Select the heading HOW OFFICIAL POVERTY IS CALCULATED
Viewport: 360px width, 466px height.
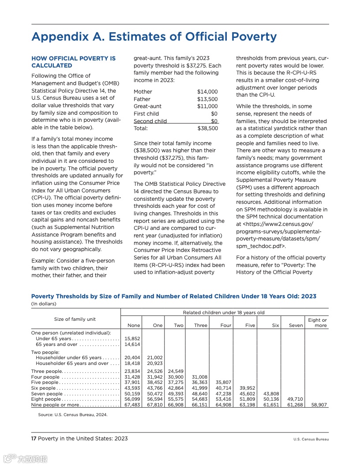pyautogui.click(x=73, y=62)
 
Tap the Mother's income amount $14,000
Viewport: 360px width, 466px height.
pyautogui.click(x=207, y=92)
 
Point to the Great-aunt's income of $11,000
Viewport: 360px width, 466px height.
pyautogui.click(x=207, y=106)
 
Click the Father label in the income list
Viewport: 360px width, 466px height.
pyautogui.click(x=142, y=99)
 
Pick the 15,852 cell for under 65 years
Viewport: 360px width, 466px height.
pyautogui.click(x=132, y=338)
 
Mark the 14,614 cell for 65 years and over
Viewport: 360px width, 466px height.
pyautogui.click(x=132, y=344)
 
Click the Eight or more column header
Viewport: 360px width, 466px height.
pyautogui.click(x=317, y=323)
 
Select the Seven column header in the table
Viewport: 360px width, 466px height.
pyautogui.click(x=296, y=326)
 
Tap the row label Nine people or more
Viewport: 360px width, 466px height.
pyautogui.click(x=55, y=405)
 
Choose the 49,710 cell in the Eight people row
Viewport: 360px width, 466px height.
pyautogui.click(x=295, y=399)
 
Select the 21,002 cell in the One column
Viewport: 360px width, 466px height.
pyautogui.click(x=155, y=358)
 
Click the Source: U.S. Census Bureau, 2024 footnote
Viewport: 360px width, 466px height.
pyautogui.click(x=73, y=415)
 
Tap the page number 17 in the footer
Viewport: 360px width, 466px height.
pyautogui.click(x=34, y=439)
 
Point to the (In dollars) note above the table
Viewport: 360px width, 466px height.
pyautogui.click(x=44, y=304)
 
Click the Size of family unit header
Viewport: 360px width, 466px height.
pyautogui.click(x=75, y=319)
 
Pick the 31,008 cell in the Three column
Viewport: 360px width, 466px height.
pyautogui.click(x=200, y=377)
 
